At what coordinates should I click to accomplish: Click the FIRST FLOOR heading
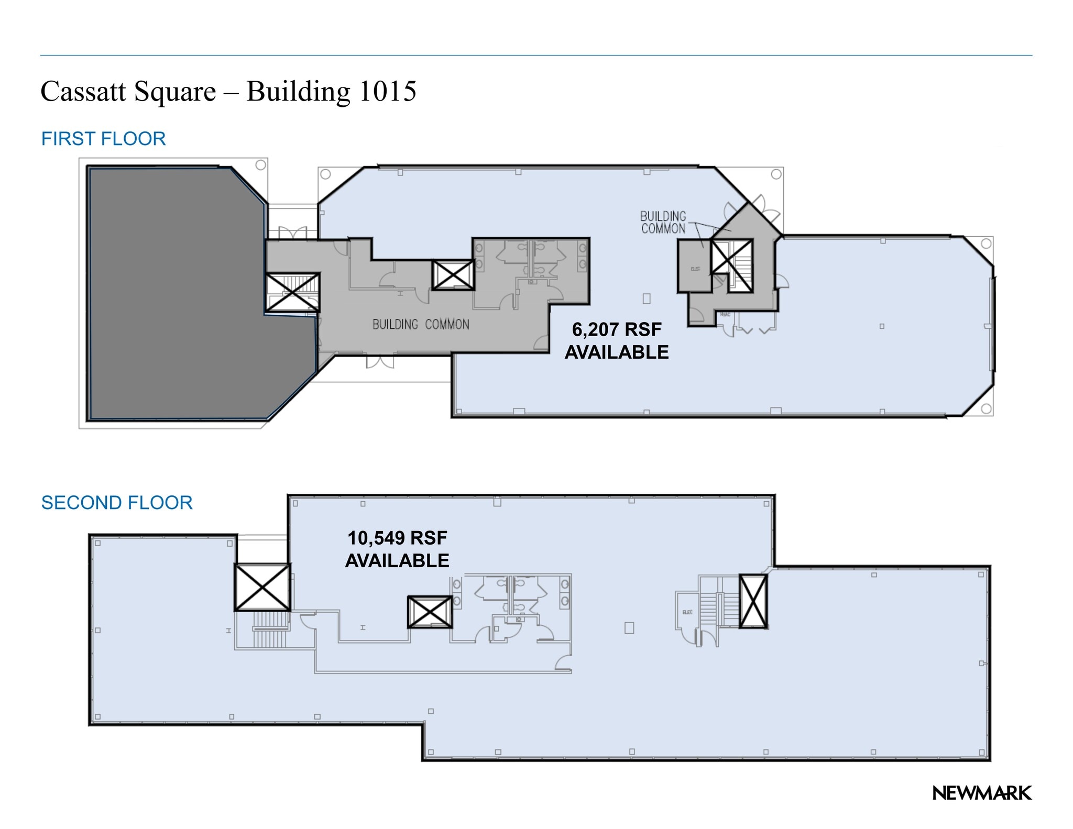[103, 139]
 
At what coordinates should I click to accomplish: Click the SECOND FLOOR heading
[117, 503]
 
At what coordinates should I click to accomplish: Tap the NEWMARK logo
[982, 793]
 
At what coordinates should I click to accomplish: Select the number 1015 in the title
[388, 92]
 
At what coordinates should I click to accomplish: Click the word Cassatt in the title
[84, 92]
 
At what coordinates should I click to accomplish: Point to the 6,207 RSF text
[616, 329]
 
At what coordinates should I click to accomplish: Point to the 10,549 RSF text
[397, 538]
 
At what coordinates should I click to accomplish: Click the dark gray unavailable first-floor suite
[173, 293]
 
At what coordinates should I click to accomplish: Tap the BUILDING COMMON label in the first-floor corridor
[421, 325]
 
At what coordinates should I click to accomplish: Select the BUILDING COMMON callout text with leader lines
[663, 223]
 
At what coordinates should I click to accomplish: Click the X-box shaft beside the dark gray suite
[292, 293]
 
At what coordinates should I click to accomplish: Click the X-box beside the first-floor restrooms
[453, 275]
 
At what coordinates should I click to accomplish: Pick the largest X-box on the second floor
[262, 587]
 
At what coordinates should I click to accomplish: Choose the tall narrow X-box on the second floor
[753, 601]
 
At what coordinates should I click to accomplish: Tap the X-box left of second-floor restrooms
[430, 612]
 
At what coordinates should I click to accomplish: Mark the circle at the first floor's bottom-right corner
[986, 408]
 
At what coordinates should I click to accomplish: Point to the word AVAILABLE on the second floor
[397, 561]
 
